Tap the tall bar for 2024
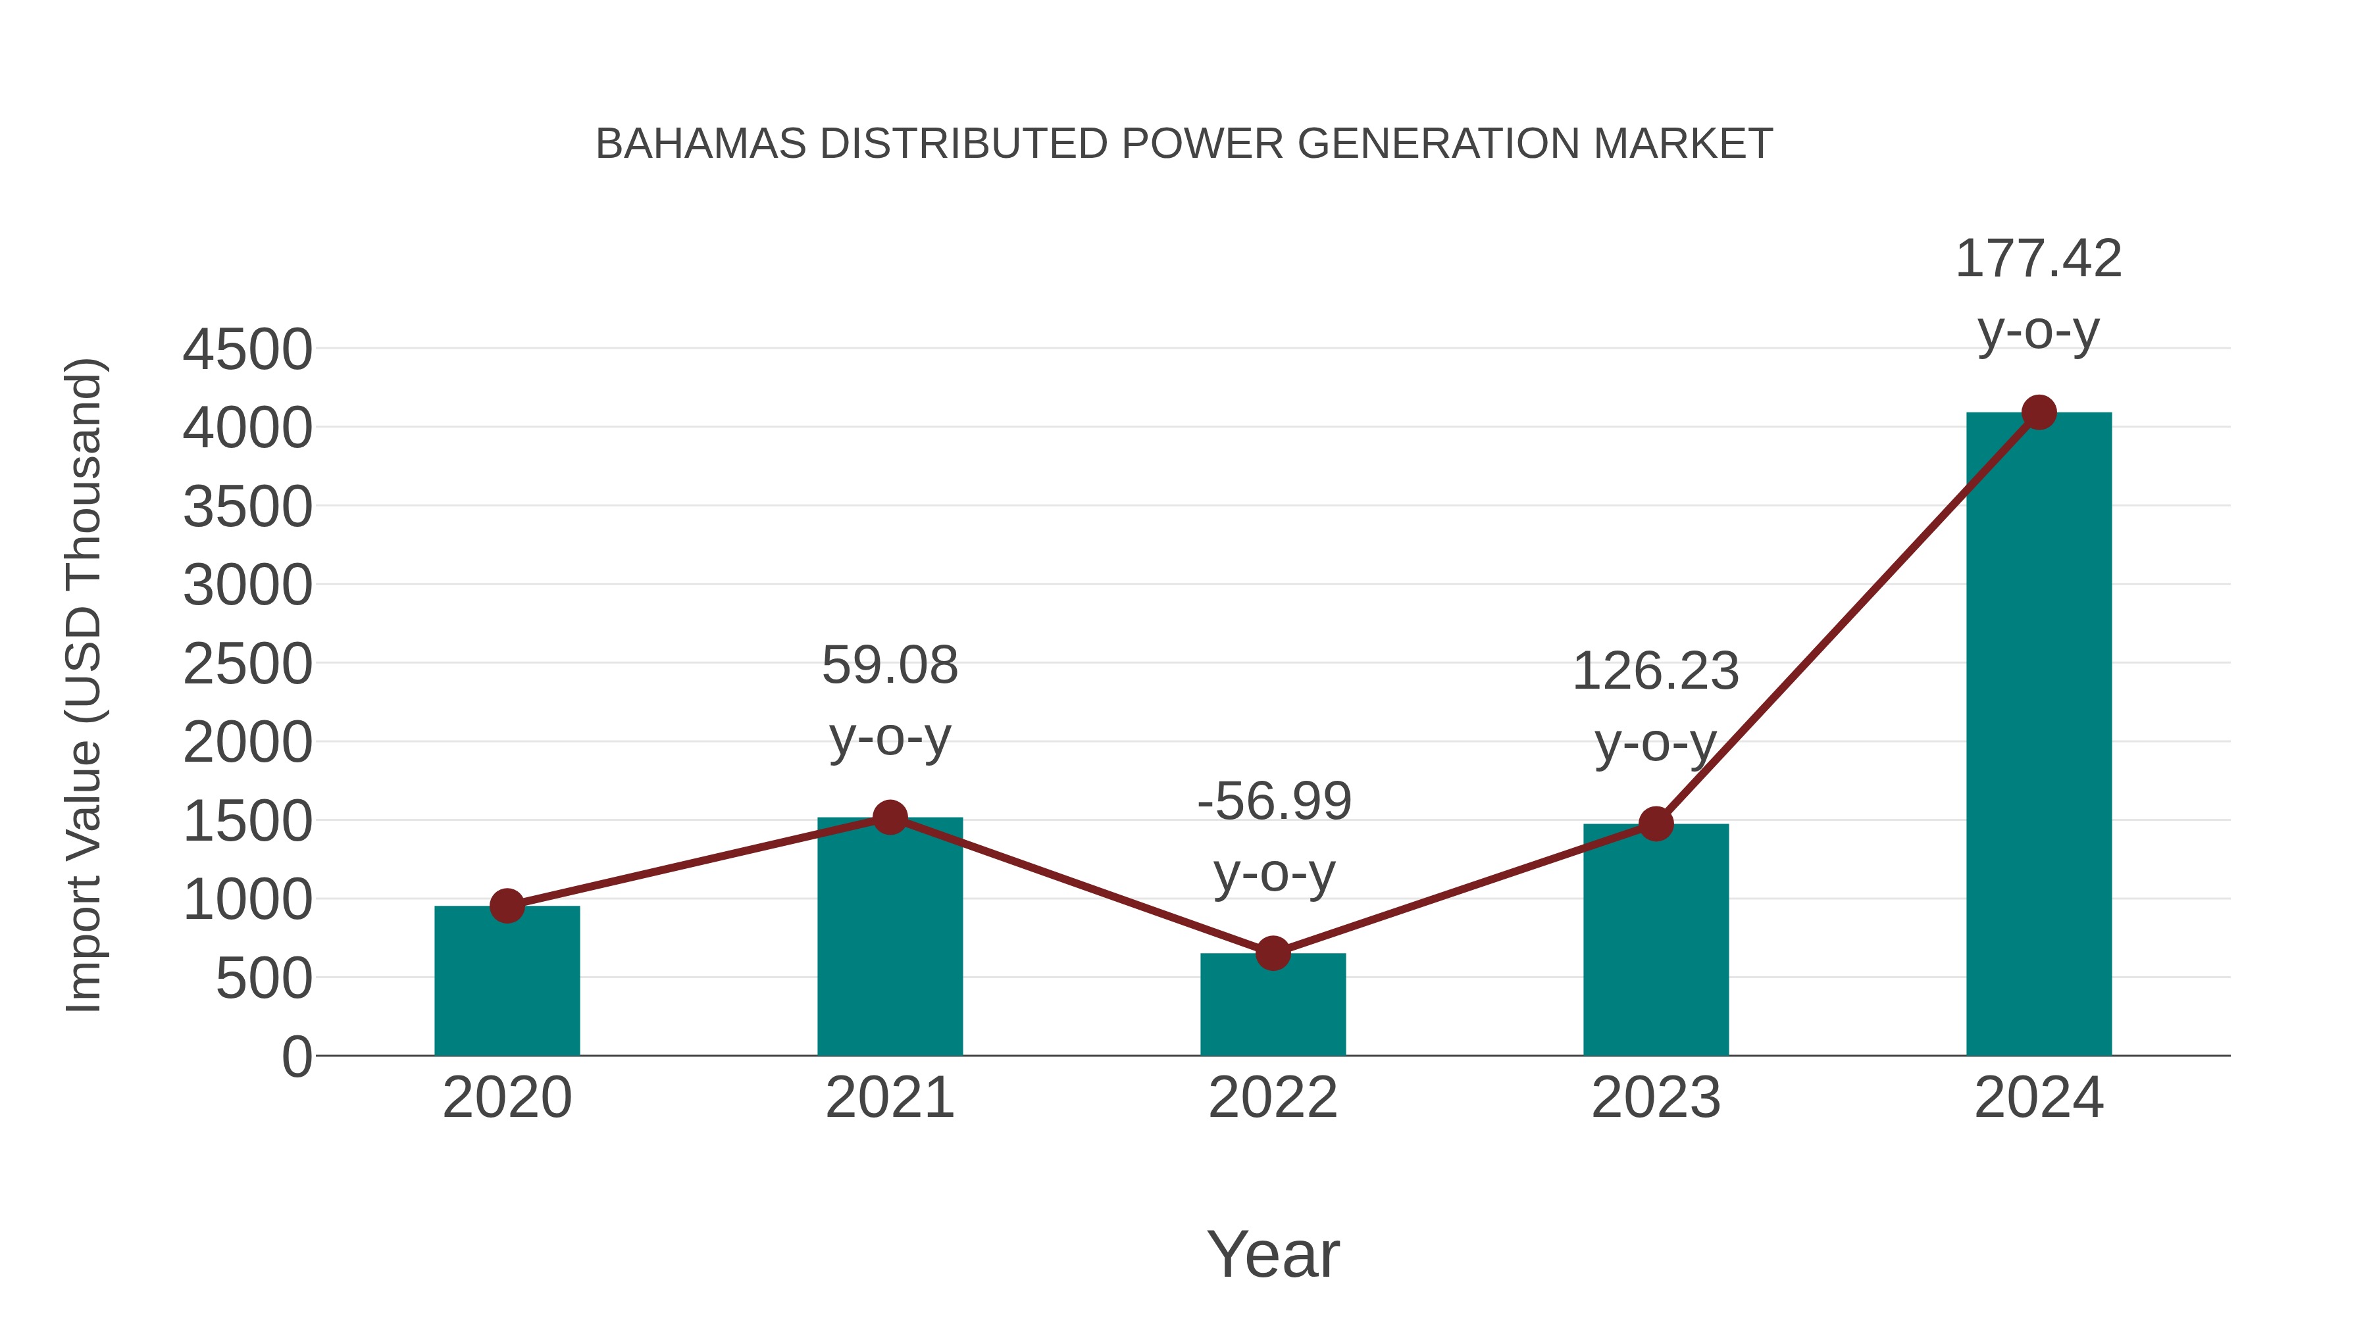2039,735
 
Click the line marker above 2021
889,816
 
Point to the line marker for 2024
2039,412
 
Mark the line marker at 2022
1273,953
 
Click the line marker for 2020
507,906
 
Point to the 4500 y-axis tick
247,350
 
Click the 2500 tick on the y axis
247,664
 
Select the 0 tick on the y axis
296,1057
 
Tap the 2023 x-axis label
1656,1098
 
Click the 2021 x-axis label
889,1098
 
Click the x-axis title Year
1273,1254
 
